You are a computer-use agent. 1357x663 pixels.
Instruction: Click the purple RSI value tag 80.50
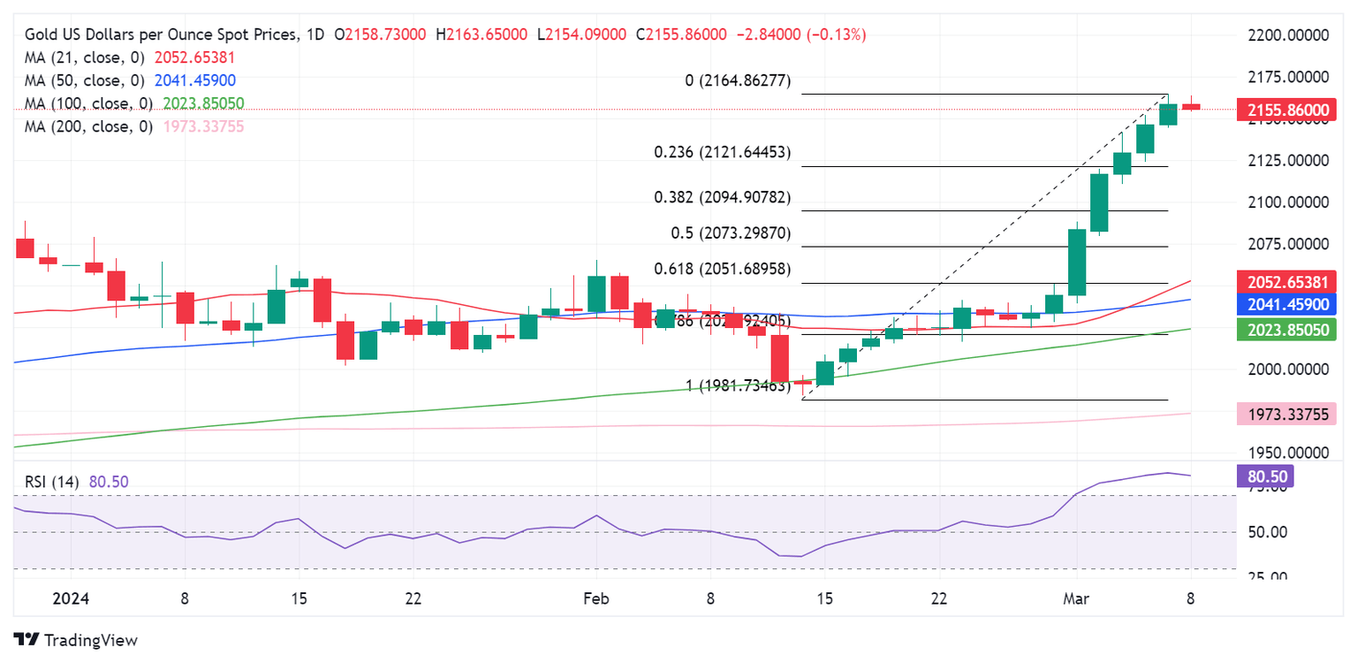pos(1269,476)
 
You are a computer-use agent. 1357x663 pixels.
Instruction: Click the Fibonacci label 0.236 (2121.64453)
pos(722,153)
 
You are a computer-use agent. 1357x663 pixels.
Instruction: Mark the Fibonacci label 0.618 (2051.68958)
pos(722,269)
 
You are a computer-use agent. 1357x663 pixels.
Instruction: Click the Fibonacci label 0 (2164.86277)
pos(738,81)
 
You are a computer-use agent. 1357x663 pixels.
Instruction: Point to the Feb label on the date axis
pos(597,598)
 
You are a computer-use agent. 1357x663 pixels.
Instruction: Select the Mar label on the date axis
pos(1075,598)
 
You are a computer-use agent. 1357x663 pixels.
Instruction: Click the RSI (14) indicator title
pos(52,483)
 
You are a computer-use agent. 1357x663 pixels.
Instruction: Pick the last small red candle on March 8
pos(1191,106)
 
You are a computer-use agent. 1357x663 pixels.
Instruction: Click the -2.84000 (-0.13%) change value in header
pos(803,34)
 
